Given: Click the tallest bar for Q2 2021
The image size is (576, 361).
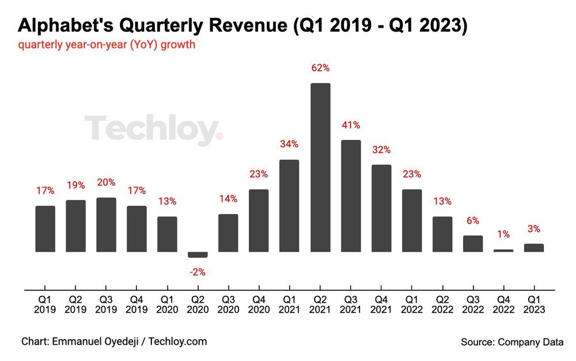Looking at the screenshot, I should click(320, 168).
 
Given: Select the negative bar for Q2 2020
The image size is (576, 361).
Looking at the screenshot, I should click(198, 254).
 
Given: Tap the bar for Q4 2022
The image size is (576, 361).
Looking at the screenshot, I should click(503, 250).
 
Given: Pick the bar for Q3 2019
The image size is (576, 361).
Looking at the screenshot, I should click(106, 225).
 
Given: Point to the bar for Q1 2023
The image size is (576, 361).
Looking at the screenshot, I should click(534, 248).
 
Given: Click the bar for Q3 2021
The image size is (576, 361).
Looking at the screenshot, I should click(351, 196).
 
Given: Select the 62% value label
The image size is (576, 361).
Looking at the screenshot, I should click(320, 68).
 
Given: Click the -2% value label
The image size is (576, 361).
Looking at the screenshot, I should click(198, 272).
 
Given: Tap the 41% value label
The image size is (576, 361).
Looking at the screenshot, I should click(351, 125).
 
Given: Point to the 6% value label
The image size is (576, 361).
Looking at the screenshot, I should click(473, 221).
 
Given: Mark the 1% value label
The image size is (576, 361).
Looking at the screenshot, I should click(503, 234).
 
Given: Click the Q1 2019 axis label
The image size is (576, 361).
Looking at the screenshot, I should click(45, 305).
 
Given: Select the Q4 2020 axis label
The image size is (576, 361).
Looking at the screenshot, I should click(259, 305).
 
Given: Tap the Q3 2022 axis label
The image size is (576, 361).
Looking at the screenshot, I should click(473, 305).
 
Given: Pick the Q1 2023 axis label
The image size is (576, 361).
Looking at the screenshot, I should click(534, 305).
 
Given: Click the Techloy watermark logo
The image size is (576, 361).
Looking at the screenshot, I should click(153, 130).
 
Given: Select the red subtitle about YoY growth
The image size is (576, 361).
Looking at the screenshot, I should click(107, 45).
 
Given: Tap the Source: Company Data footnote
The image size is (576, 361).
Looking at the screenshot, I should click(512, 342).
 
